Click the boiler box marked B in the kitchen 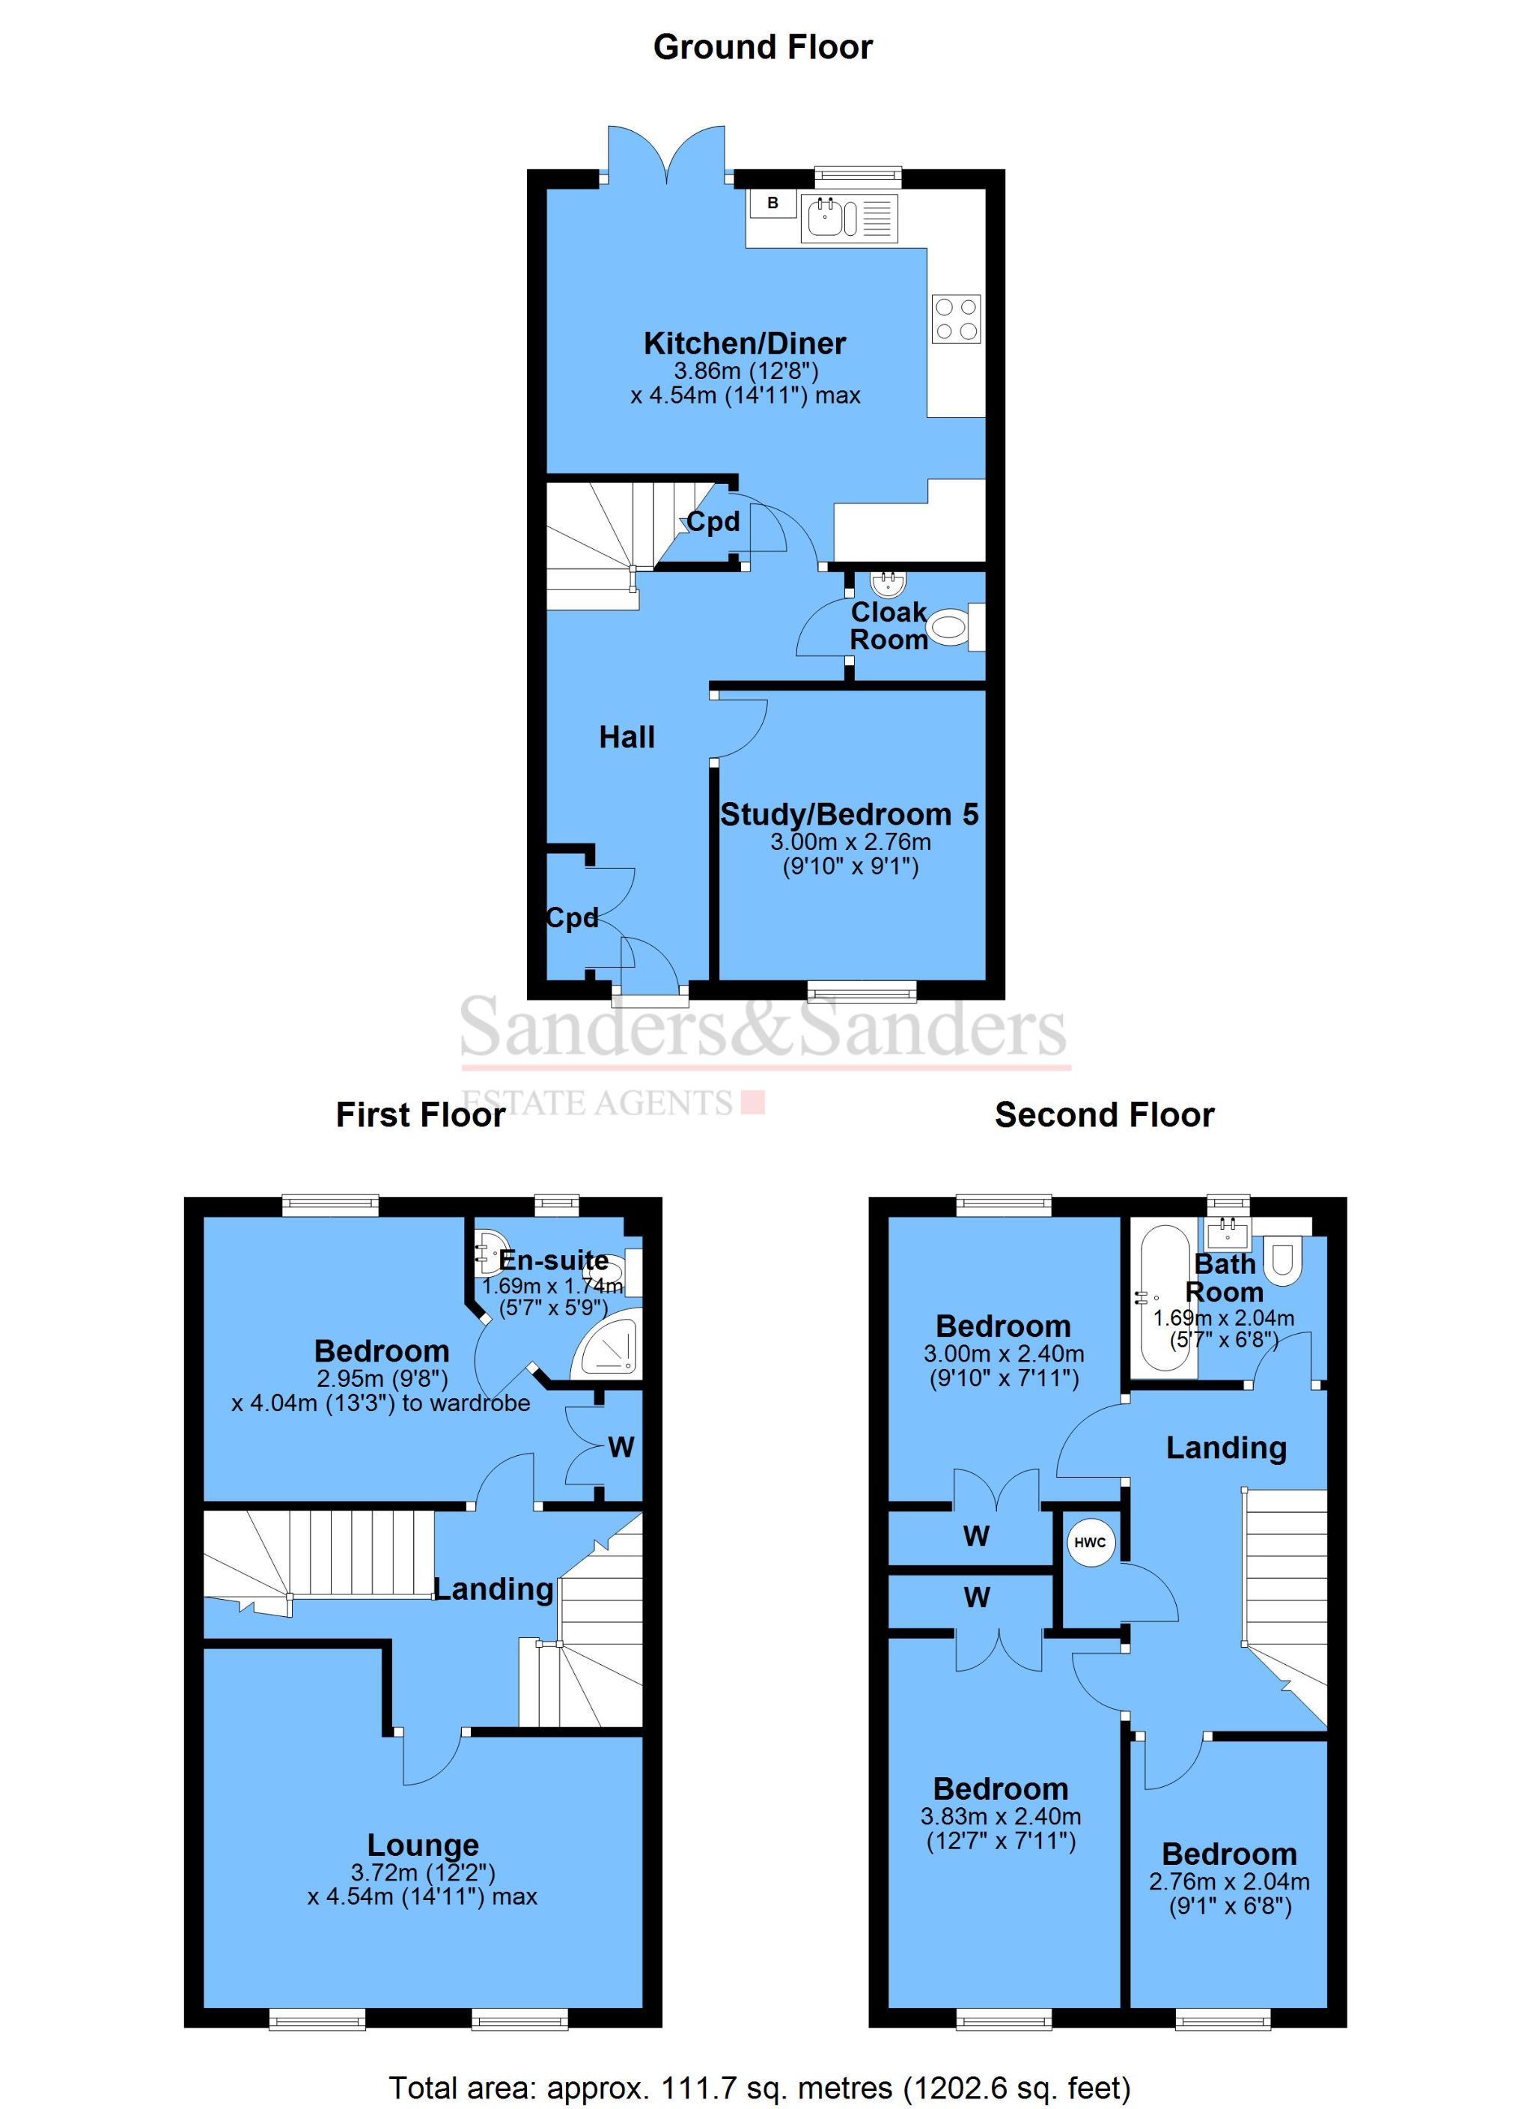pos(772,203)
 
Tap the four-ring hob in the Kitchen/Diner pos(957,319)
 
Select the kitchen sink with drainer pos(848,219)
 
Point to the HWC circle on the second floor pos(1090,1543)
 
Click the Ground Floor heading pos(762,47)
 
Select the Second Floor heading pos(1103,1115)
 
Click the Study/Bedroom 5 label pos(849,815)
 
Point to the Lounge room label pos(423,1845)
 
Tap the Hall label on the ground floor pos(627,738)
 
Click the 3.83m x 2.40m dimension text pos(1000,1816)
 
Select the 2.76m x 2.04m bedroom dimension pos(1229,1881)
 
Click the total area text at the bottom pos(760,2087)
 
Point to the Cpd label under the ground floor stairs pos(713,522)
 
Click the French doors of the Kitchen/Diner pos(666,154)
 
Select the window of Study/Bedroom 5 pos(862,992)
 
